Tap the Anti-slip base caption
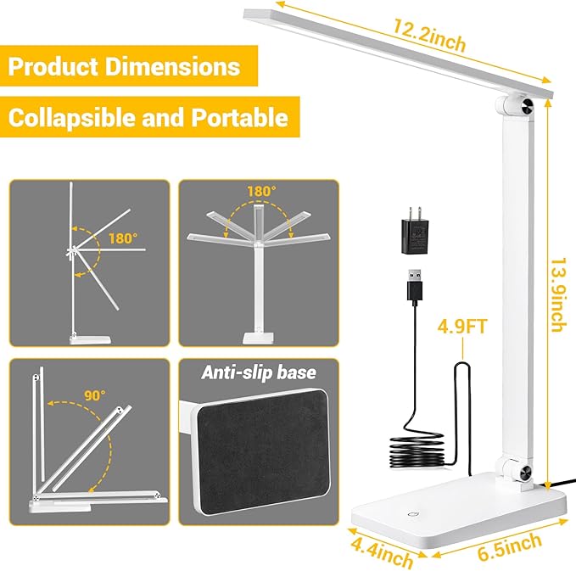click(x=258, y=372)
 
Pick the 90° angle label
click(x=94, y=395)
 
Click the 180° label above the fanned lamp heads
click(x=260, y=192)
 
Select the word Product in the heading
click(x=57, y=66)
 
